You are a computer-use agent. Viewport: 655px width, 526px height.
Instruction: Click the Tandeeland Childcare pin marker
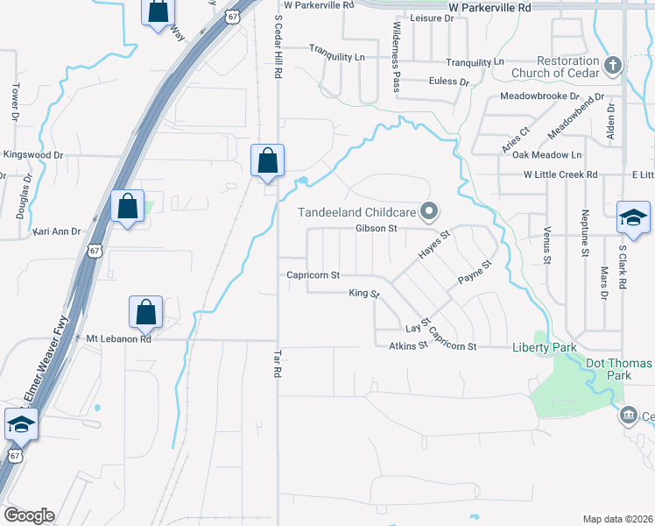429,210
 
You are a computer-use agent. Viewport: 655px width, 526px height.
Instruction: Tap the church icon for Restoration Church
613,64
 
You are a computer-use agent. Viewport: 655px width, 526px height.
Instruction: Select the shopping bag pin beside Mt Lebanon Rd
145,312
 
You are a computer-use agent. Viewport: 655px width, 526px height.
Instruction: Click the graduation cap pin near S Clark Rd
633,217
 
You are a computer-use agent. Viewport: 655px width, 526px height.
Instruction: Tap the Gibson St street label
377,229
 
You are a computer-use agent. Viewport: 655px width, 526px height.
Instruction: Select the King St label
363,293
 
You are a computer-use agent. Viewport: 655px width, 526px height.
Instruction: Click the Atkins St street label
408,345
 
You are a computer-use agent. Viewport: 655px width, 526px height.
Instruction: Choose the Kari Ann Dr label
57,231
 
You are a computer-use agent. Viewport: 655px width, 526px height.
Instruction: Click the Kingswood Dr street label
34,155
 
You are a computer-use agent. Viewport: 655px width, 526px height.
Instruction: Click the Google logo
29,515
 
